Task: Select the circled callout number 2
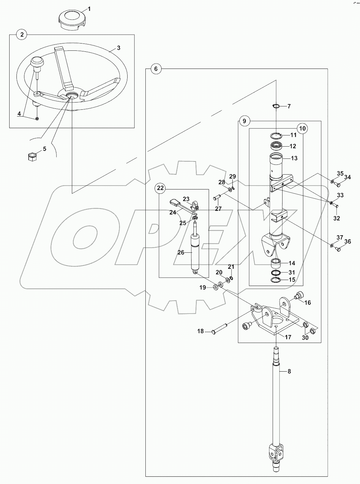tap(21, 35)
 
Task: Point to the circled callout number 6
tap(156, 69)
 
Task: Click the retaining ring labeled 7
tap(276, 106)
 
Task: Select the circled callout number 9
tap(244, 121)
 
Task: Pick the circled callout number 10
tap(302, 128)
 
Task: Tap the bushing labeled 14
tap(276, 264)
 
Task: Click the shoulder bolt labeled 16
tap(299, 296)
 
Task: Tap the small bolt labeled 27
tap(217, 197)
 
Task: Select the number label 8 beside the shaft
tap(289, 371)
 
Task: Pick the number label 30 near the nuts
tap(305, 338)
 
